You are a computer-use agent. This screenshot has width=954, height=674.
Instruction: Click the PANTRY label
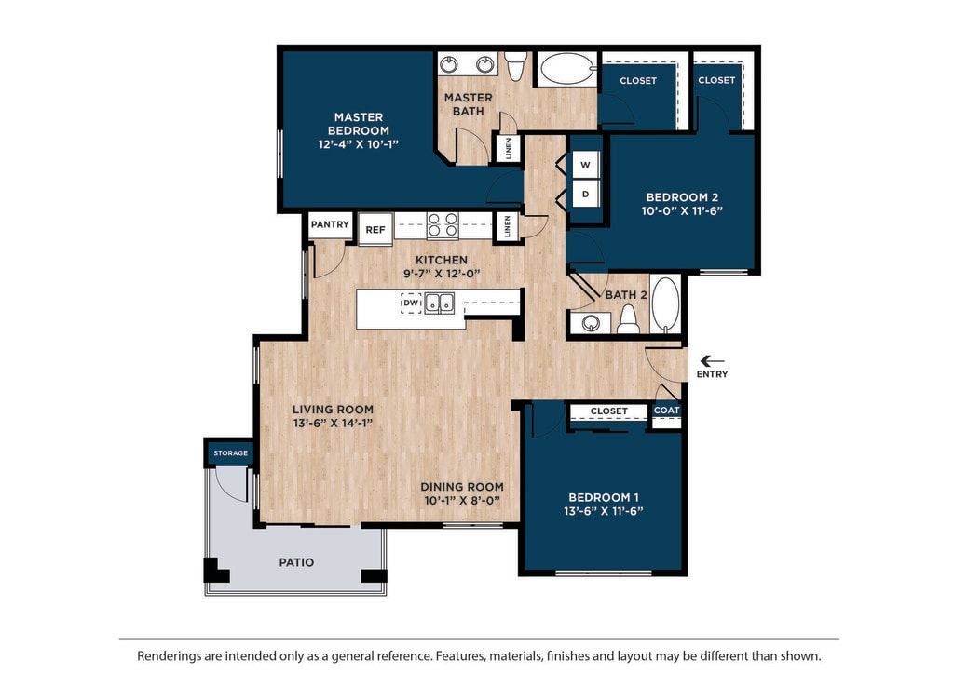[x=330, y=224]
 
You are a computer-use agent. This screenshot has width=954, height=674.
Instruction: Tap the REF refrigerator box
[x=375, y=229]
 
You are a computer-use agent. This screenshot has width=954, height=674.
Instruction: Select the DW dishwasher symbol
[x=411, y=303]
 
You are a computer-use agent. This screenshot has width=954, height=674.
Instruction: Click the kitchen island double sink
[x=440, y=303]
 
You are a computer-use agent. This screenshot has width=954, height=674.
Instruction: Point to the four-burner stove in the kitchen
[x=443, y=225]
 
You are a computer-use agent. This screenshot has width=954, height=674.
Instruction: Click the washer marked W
[x=585, y=165]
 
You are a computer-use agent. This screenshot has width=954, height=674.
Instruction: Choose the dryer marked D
[x=585, y=194]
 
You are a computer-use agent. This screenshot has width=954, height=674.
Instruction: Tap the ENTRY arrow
[x=712, y=361]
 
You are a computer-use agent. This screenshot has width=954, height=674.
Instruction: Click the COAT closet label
[x=666, y=411]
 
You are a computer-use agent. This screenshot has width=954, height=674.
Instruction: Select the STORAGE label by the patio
[x=231, y=452]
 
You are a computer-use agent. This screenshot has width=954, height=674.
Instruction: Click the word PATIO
[x=296, y=562]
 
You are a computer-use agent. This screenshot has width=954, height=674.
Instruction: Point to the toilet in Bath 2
[x=629, y=319]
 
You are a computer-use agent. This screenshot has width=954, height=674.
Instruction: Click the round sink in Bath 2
[x=591, y=323]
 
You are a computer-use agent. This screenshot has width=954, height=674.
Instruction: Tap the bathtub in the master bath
[x=568, y=69]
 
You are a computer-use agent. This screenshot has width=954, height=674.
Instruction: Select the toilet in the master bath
[x=516, y=66]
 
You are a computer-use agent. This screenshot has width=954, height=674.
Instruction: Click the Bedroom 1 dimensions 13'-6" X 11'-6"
[x=603, y=511]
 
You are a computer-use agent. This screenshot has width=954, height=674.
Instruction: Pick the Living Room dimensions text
[x=333, y=423]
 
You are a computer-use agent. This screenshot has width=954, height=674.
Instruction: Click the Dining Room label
[x=462, y=487]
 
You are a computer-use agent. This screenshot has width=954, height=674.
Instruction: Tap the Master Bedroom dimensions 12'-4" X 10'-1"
[x=359, y=144]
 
